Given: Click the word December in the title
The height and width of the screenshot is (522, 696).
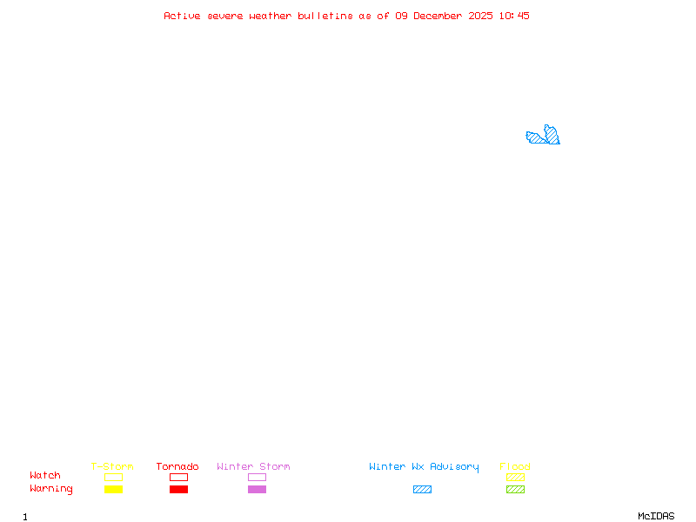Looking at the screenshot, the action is pos(438,16).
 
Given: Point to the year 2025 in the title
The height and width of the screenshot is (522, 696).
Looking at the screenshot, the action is pos(480,16).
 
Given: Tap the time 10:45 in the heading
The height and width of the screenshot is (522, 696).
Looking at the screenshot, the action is pos(514,16).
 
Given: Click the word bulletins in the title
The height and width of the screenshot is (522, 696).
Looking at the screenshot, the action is pos(325,16).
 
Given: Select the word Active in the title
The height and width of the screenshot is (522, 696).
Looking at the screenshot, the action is pos(182,16).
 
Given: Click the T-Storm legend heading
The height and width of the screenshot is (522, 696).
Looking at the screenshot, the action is pos(112,466).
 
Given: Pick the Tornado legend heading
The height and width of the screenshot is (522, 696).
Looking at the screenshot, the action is pos(177,466).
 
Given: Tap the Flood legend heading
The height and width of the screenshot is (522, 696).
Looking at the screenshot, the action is pos(515,466).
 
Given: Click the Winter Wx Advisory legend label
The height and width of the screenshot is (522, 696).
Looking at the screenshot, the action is pos(424,467).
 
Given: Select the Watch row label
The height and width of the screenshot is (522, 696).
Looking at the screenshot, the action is pos(45,475).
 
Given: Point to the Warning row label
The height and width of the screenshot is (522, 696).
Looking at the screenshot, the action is pos(51,489).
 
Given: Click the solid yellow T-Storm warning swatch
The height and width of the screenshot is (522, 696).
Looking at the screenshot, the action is pos(114,489).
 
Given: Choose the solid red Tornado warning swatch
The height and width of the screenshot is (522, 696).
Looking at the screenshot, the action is pos(179,489).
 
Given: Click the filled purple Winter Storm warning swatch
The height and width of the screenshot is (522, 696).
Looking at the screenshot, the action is pos(257,489).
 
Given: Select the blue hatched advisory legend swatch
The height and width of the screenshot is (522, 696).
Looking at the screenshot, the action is pos(422,489).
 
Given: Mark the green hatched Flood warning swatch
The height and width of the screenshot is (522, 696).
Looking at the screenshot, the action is pos(515,489).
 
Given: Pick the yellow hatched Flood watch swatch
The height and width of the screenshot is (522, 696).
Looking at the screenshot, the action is pos(515,477).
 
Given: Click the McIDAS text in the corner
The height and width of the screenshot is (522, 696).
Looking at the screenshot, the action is pos(656,516).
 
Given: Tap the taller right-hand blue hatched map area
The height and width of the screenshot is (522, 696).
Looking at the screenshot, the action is pos(552,135).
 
